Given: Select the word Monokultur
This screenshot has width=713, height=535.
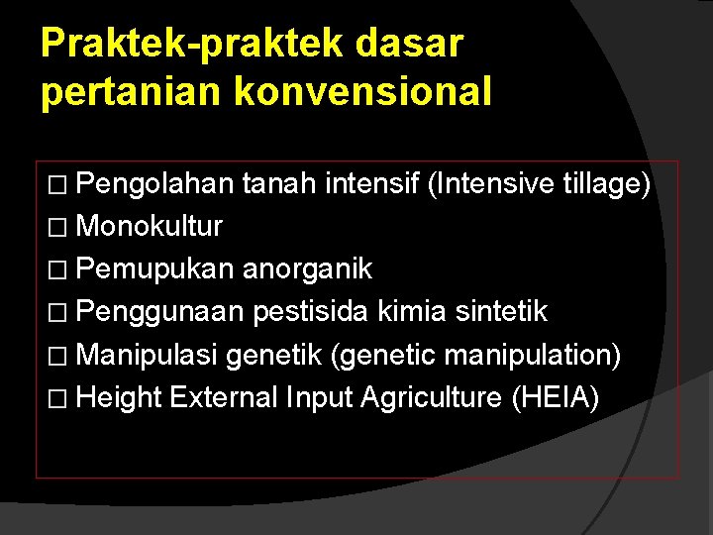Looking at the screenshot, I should pyautogui.click(x=149, y=227).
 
